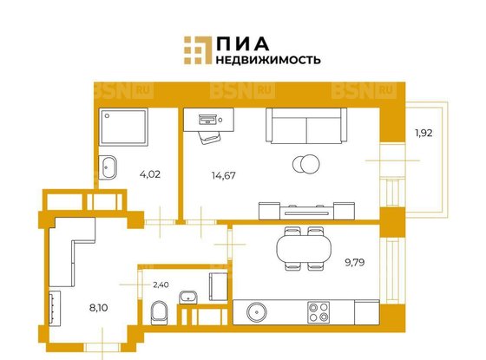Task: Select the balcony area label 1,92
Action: tap(423, 134)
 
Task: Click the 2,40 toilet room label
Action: tap(161, 283)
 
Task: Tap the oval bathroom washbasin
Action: tap(110, 167)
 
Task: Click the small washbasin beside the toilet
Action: tap(186, 298)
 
